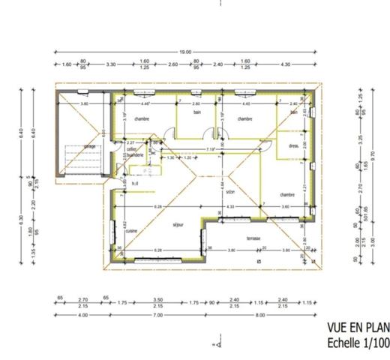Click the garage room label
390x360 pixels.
[x=89, y=146]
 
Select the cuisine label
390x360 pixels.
[x=130, y=229]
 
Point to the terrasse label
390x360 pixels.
[x=253, y=238]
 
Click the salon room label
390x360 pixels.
[x=231, y=191]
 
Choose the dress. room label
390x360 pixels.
[x=293, y=145]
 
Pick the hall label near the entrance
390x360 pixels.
[x=135, y=184]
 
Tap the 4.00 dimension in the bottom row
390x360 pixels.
[x=82, y=315]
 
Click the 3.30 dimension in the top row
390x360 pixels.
[x=111, y=64]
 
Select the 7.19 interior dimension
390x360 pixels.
[x=212, y=150]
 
